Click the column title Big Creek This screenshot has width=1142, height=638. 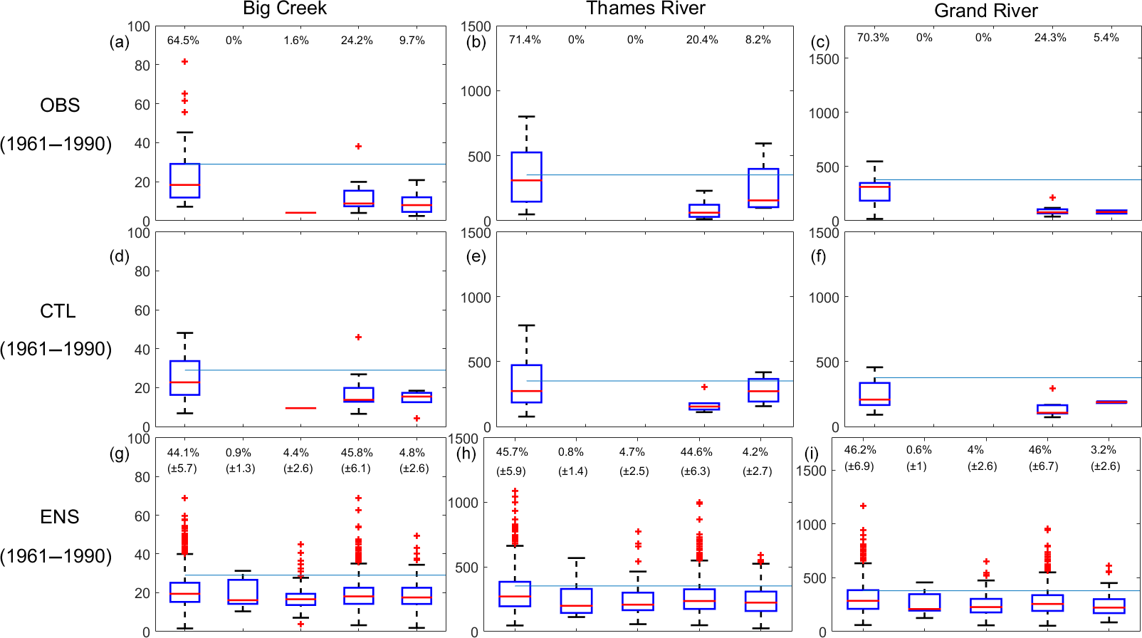point(284,9)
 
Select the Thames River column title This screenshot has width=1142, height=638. point(646,9)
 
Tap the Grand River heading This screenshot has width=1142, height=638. point(985,11)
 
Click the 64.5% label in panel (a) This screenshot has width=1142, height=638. point(183,41)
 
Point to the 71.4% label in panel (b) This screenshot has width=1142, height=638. point(525,40)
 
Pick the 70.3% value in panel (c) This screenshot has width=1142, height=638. point(873,38)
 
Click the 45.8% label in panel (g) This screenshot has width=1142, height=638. point(357,453)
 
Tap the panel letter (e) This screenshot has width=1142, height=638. point(476,256)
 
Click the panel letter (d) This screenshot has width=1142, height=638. point(120,256)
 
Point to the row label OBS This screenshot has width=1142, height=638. point(60,105)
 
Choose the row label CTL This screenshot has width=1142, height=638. point(58,311)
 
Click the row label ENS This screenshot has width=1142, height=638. point(60,517)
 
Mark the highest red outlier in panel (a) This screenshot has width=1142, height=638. point(184,62)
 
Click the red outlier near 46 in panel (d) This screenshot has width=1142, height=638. point(358,337)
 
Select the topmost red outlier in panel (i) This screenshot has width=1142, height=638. point(863,506)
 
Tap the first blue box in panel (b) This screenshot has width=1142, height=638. point(526,177)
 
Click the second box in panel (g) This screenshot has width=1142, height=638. point(242,592)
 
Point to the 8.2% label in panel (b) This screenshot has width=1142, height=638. point(758,40)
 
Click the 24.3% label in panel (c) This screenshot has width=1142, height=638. point(1049,38)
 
